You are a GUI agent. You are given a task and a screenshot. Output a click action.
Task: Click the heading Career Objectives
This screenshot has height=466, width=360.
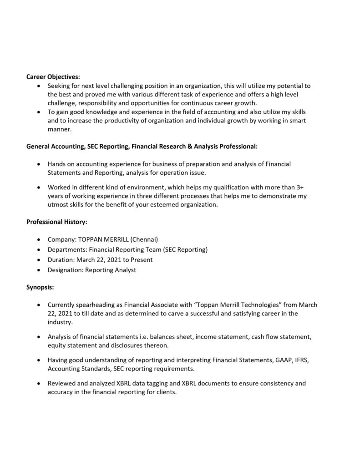pos(53,76)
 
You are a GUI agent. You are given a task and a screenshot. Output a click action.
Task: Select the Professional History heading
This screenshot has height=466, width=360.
pos(56,222)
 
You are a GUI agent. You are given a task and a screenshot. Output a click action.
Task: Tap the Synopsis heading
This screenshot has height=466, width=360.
pos(40,287)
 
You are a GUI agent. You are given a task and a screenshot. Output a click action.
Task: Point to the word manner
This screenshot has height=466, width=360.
pos(60,129)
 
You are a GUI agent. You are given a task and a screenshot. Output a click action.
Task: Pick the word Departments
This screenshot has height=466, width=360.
pos(67,249)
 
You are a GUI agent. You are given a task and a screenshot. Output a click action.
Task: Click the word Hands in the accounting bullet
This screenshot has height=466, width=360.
pos(57,164)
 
